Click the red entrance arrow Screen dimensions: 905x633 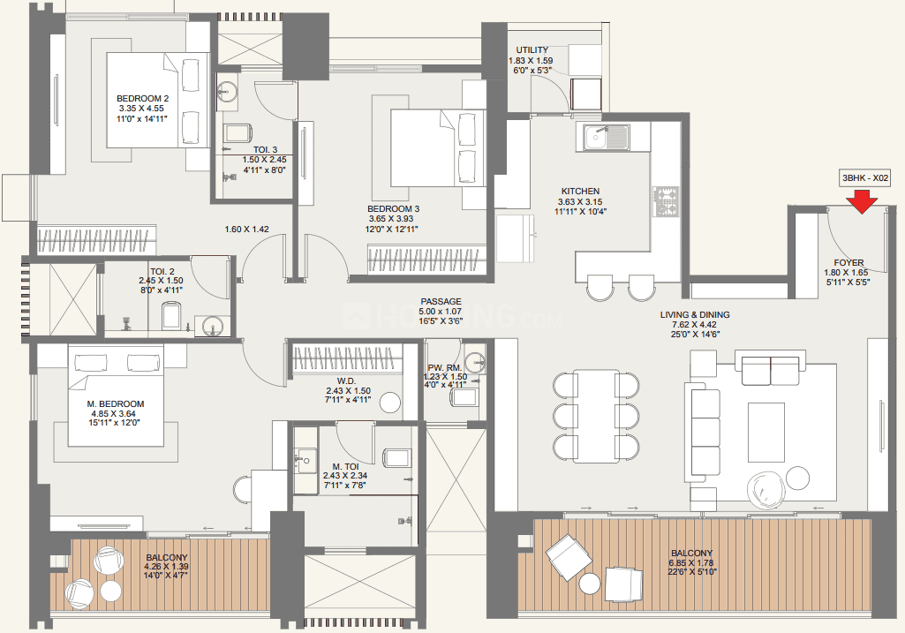[863, 201]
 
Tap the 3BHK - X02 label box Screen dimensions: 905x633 [864, 178]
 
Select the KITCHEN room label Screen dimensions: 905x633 [580, 191]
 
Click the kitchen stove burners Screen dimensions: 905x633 [666, 201]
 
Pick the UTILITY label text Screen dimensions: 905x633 [532, 50]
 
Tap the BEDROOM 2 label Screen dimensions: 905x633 [142, 99]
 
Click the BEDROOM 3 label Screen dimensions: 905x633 [393, 209]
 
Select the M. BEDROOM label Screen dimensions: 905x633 [116, 404]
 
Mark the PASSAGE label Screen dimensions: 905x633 [441, 301]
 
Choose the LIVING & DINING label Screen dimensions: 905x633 [695, 314]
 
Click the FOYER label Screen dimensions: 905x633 [848, 262]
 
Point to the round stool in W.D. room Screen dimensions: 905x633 [391, 403]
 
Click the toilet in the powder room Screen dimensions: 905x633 [465, 397]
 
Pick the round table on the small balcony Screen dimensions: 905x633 [111, 591]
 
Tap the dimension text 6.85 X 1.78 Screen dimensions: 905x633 [691, 562]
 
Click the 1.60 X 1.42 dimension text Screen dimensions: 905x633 [246, 229]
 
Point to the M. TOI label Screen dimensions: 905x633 [345, 466]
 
